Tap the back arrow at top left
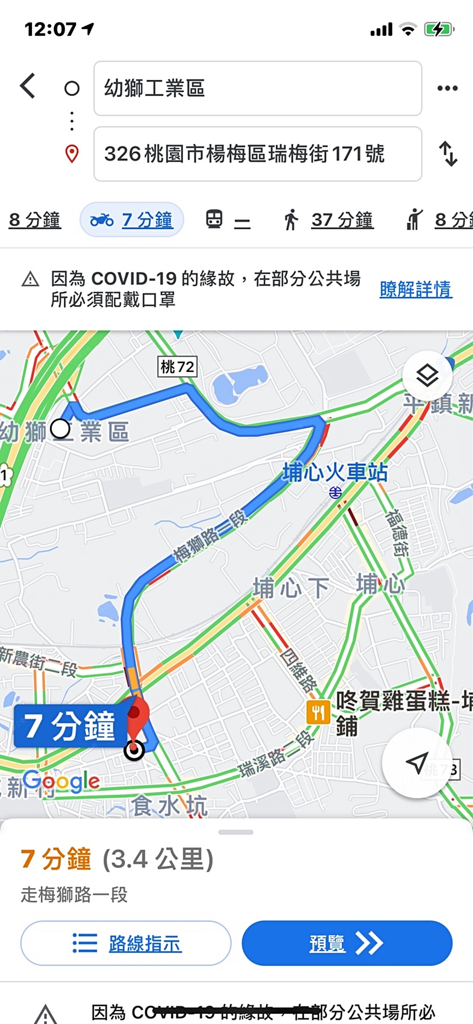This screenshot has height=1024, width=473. [x=28, y=86]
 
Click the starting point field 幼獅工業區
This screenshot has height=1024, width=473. [x=257, y=88]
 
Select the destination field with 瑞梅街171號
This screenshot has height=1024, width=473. [x=257, y=154]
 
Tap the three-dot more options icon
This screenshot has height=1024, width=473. [x=447, y=88]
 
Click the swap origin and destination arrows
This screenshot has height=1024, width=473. [x=448, y=154]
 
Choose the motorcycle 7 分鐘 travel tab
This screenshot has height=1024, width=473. [x=131, y=220]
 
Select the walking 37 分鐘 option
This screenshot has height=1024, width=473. [x=329, y=220]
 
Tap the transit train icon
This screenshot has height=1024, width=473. [x=214, y=220]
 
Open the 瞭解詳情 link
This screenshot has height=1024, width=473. [x=416, y=289]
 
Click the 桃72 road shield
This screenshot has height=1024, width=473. [x=177, y=367]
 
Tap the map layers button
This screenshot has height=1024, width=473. [x=427, y=376]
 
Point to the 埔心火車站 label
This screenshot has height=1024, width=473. [x=335, y=473]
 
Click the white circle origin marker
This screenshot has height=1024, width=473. [x=61, y=429]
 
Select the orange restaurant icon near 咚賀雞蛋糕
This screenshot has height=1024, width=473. [x=318, y=712]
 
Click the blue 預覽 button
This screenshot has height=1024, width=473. [x=347, y=943]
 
